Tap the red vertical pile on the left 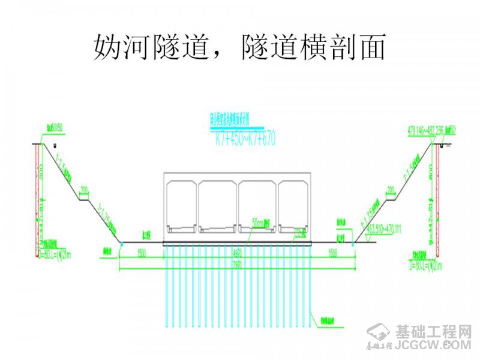(39, 198)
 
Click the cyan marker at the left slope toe (121, 243)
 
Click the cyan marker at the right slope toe (354, 243)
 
